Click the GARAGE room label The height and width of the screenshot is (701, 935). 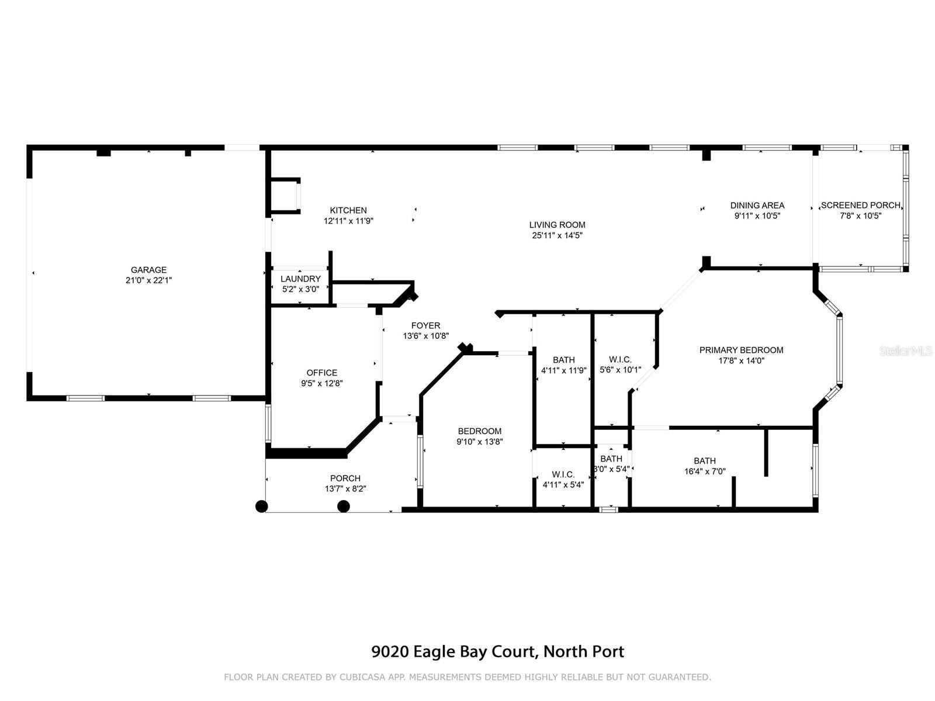(x=148, y=270)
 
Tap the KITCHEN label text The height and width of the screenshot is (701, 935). (x=348, y=210)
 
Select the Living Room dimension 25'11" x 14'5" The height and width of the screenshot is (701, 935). (x=557, y=235)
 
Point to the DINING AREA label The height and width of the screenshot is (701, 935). (x=757, y=206)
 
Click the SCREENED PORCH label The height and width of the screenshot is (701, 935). (x=860, y=206)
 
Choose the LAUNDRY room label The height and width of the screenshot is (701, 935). (x=300, y=279)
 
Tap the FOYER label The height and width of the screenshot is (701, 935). (x=425, y=325)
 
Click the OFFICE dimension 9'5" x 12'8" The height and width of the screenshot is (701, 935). (x=321, y=383)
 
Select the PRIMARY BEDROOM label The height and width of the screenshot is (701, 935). (x=741, y=350)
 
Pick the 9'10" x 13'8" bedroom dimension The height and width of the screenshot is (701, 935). (x=480, y=442)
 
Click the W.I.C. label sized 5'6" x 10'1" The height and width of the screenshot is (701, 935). (x=620, y=360)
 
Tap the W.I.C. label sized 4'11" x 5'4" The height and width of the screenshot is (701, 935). (x=563, y=474)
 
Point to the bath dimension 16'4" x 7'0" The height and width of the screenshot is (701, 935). (x=705, y=471)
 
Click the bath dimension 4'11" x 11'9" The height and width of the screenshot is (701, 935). (x=563, y=371)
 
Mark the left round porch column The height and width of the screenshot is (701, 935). (x=262, y=506)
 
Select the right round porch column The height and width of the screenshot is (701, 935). (x=344, y=506)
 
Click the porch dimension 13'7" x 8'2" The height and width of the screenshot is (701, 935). (x=345, y=489)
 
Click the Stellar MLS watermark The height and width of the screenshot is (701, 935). (x=906, y=351)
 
